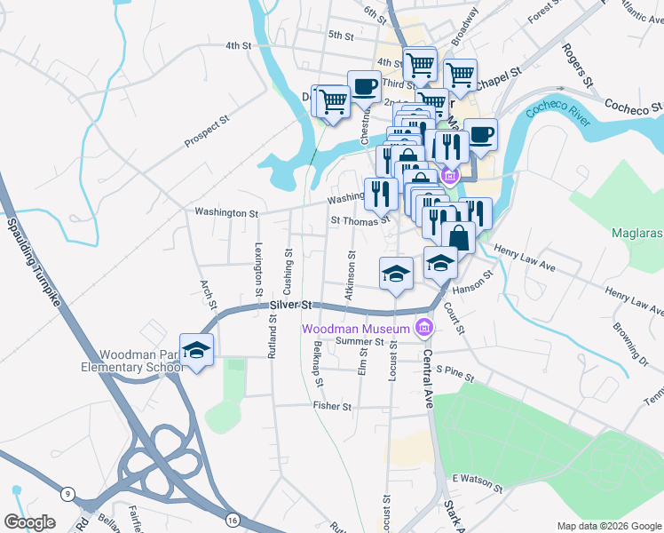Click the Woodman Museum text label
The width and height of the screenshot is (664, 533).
coord(355,329)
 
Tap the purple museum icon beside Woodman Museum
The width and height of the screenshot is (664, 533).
coord(424,329)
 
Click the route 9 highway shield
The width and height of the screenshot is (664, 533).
coord(67,493)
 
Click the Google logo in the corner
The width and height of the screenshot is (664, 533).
coord(29,522)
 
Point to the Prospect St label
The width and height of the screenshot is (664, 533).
coord(207,131)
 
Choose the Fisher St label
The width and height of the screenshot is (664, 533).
coord(332,406)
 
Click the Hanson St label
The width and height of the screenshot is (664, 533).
coord(471,284)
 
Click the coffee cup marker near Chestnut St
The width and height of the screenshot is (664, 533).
coord(364,87)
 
